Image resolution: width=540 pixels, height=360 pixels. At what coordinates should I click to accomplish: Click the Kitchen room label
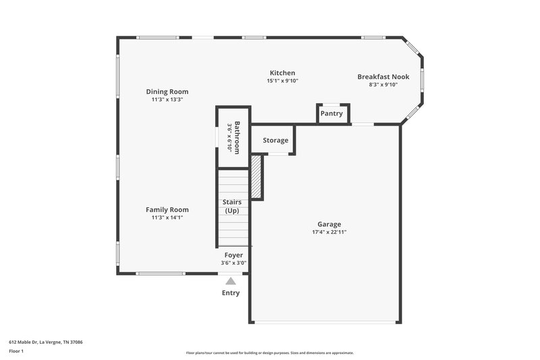pos(282,73)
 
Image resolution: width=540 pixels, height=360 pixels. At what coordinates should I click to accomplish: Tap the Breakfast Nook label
pos(383,77)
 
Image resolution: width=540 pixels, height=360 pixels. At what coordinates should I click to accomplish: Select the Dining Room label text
pos(167,92)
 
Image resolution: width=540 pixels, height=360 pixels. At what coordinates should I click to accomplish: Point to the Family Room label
pos(167,210)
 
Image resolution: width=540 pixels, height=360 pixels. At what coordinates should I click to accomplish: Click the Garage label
pos(329,224)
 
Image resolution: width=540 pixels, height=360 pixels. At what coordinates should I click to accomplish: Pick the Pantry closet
pos(331,113)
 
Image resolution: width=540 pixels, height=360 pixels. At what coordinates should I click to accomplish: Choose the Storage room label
pos(275,140)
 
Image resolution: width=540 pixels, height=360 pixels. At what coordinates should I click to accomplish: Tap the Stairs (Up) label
pos(233,207)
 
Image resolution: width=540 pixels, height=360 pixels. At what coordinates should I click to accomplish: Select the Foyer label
pos(233,255)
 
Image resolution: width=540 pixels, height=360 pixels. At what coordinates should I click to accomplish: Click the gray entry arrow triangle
pos(231,280)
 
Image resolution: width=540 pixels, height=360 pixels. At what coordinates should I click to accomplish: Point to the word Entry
pos(231,293)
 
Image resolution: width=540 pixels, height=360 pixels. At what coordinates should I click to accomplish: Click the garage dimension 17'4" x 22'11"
pos(329,232)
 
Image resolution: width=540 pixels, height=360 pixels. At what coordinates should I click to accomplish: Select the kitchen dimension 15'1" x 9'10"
pos(282,81)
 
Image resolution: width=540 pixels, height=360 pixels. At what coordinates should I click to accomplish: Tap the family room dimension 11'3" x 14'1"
pos(167,217)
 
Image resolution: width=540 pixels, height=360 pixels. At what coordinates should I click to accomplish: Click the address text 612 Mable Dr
pos(45,342)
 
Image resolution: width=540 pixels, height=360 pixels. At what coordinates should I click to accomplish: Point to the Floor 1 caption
pos(16,351)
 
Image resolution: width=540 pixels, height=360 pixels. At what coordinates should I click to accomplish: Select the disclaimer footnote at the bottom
pos(270,353)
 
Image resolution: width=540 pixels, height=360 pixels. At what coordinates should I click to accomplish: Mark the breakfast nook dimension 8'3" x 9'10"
pos(383,85)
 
